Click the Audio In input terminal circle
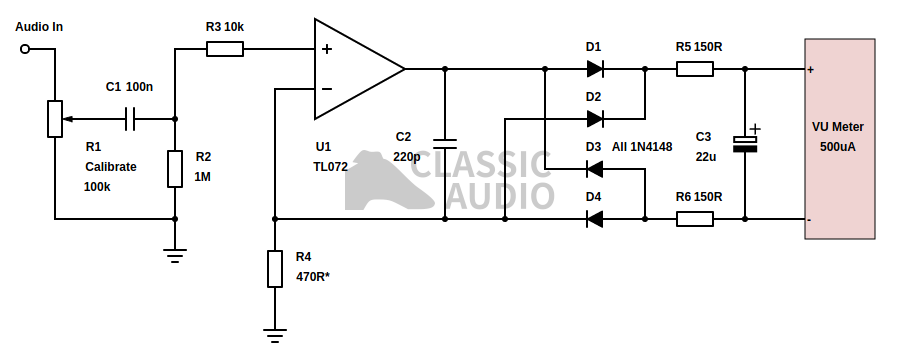click(x=25, y=47)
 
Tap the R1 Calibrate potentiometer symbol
click(x=55, y=119)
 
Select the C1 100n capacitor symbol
click(x=130, y=119)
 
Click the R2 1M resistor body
click(x=175, y=168)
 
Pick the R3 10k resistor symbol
click(x=225, y=47)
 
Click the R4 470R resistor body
click(x=275, y=268)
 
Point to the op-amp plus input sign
click(x=326, y=48)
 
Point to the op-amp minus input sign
click(x=326, y=89)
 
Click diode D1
click(x=595, y=69)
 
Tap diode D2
click(x=595, y=119)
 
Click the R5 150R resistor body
click(x=695, y=69)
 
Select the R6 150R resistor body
click(x=695, y=218)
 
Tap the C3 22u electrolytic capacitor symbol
click(x=745, y=143)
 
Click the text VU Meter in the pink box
click(x=837, y=127)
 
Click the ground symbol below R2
click(x=175, y=254)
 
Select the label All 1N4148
click(x=642, y=147)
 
